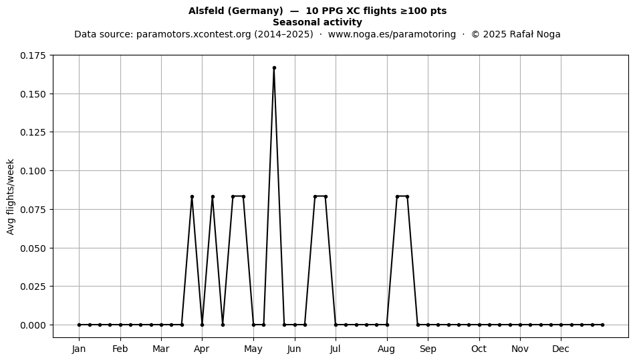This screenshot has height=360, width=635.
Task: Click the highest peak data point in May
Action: click(274, 68)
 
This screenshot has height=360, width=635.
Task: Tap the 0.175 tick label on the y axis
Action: click(32, 55)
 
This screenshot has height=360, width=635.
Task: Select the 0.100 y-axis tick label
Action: click(32, 171)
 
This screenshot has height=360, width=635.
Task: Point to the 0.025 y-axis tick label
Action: click(32, 287)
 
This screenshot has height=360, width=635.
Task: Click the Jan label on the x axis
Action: click(79, 349)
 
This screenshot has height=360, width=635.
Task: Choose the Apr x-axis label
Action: click(202, 349)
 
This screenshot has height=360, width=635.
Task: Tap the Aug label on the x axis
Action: click(386, 349)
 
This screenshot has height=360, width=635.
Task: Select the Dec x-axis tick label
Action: click(561, 349)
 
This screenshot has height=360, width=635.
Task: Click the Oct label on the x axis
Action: click(479, 349)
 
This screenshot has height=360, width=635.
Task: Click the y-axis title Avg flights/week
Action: click(11, 196)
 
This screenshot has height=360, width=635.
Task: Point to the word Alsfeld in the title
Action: click(207, 11)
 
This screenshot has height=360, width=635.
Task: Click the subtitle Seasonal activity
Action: click(317, 22)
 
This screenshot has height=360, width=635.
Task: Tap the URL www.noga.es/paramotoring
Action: click(392, 34)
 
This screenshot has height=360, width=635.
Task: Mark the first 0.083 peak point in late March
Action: click(192, 197)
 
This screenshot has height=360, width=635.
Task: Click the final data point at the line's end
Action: click(603, 325)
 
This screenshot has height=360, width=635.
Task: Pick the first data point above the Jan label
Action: click(80, 325)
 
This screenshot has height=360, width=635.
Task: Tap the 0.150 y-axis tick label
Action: click(32, 94)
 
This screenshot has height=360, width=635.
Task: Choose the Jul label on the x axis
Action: click(336, 349)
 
